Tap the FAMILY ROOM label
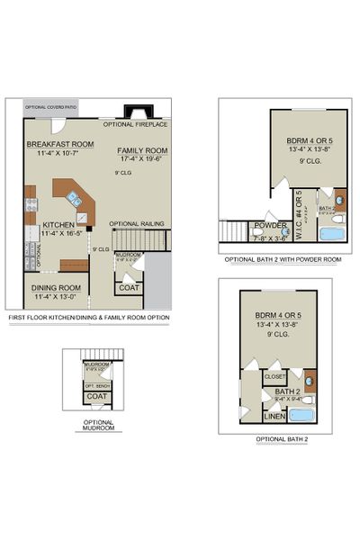pyautogui.click(x=142, y=150)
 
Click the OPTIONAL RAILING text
pyautogui.click(x=135, y=223)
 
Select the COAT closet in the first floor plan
pyautogui.click(x=128, y=287)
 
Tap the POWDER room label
pyautogui.click(x=270, y=226)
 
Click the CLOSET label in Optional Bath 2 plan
pyautogui.click(x=275, y=378)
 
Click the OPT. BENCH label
pyautogui.click(x=96, y=385)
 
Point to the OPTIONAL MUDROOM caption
pyautogui.click(x=97, y=425)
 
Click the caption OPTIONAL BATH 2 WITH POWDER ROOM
pyautogui.click(x=283, y=259)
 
